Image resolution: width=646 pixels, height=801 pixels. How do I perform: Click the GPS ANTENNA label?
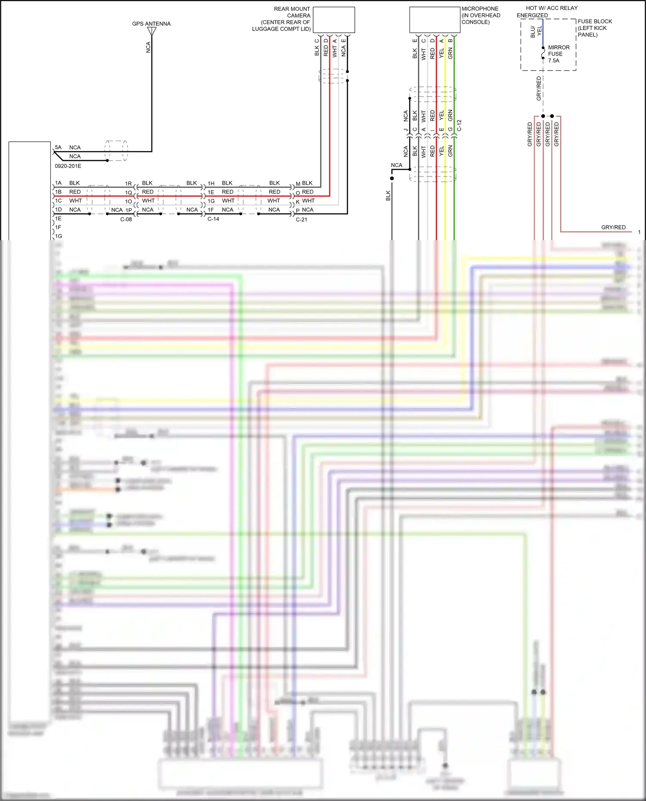click(x=151, y=24)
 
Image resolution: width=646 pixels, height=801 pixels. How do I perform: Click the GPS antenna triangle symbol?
click(x=152, y=31)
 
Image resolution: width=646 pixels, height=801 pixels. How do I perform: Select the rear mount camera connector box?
click(x=334, y=20)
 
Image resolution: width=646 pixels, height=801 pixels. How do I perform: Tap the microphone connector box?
click(x=435, y=20)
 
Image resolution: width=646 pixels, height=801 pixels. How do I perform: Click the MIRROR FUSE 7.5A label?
click(x=558, y=54)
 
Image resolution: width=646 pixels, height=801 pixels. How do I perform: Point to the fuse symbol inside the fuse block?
click(x=543, y=53)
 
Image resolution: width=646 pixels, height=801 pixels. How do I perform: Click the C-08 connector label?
click(x=126, y=220)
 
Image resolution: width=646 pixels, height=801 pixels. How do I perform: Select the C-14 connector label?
click(x=213, y=219)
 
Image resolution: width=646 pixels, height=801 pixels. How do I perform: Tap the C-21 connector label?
click(x=301, y=220)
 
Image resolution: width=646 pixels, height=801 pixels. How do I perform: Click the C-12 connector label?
click(x=459, y=125)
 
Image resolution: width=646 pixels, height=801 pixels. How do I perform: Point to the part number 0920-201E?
click(x=68, y=166)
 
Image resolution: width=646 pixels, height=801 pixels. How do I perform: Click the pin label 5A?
click(x=58, y=147)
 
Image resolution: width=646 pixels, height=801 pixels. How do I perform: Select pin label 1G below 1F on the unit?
click(x=58, y=236)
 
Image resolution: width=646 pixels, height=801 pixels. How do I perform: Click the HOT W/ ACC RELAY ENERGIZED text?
click(x=547, y=12)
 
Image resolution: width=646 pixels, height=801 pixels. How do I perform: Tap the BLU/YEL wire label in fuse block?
click(x=536, y=31)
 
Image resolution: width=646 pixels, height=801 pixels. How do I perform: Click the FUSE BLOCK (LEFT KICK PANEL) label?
click(x=594, y=28)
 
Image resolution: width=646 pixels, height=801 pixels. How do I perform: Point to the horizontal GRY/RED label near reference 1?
click(x=613, y=227)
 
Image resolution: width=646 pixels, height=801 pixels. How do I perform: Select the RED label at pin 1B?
click(x=75, y=192)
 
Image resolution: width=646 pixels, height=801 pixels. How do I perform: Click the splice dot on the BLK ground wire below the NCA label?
click(x=392, y=178)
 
